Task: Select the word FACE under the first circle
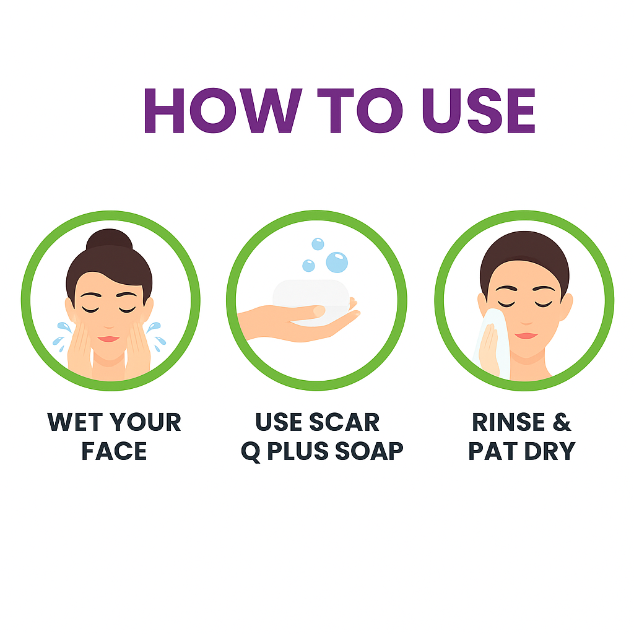[x=114, y=451]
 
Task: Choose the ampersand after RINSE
[x=560, y=423]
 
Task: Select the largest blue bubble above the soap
[x=337, y=261]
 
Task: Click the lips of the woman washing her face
[x=109, y=339]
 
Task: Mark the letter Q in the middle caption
[x=250, y=451]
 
